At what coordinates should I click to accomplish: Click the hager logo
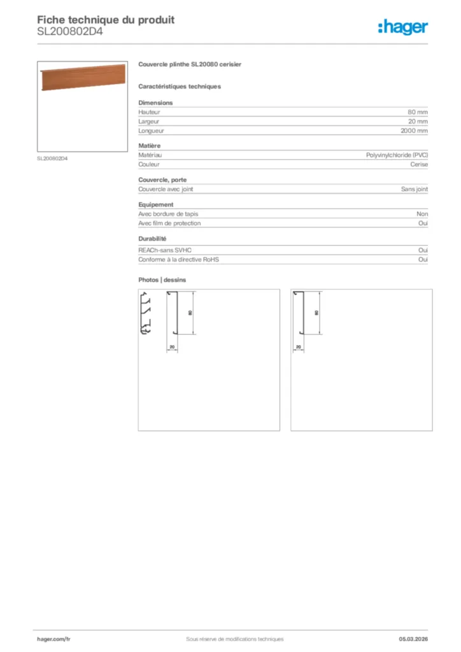[403, 27]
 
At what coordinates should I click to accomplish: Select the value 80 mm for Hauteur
[418, 112]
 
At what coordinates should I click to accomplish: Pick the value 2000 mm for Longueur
[414, 131]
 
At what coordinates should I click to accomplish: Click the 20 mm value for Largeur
[418, 122]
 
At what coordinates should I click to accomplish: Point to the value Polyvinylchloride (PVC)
[397, 155]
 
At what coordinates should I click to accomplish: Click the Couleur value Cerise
[419, 164]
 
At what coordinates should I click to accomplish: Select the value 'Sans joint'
[415, 189]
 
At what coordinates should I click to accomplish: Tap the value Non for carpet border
[422, 215]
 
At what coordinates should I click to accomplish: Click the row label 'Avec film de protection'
[169, 223]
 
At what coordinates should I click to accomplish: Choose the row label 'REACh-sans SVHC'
[165, 251]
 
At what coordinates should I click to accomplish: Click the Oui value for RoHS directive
[423, 260]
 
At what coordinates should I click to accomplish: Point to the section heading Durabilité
[152, 239]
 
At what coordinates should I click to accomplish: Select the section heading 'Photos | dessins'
[162, 280]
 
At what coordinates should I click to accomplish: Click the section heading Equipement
[156, 204]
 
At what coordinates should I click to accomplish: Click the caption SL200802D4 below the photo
[52, 159]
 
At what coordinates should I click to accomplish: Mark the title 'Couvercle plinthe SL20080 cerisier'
[189, 65]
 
